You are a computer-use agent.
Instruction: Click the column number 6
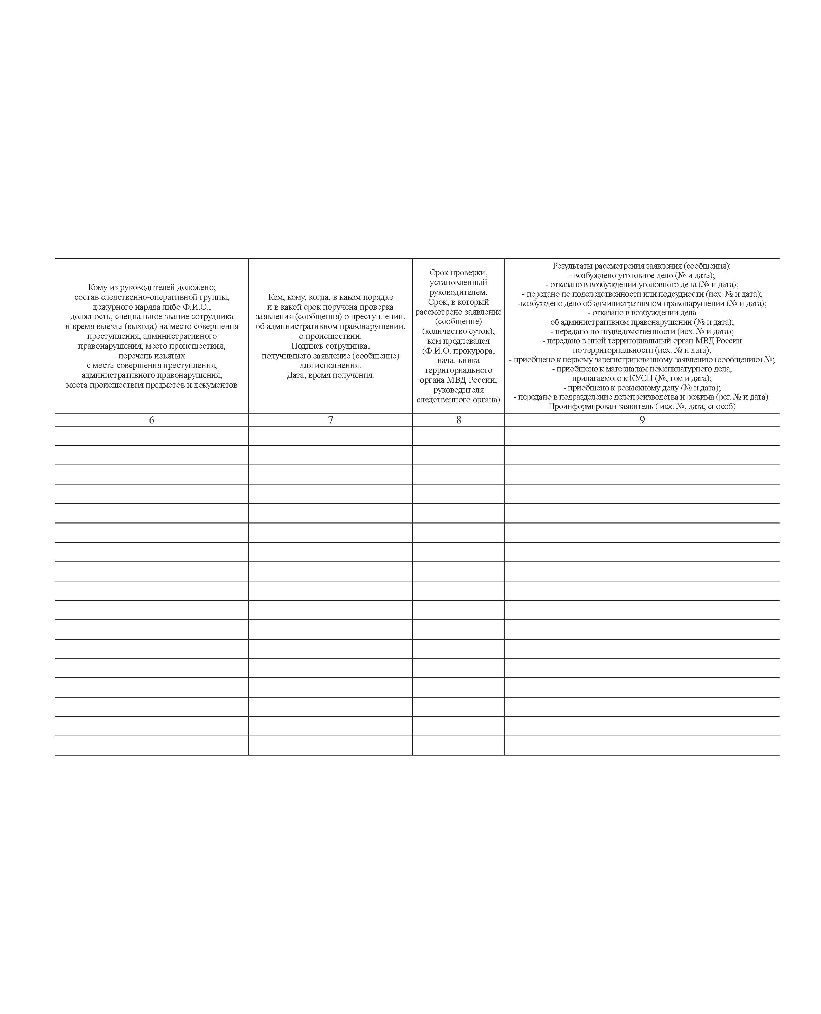tap(151, 420)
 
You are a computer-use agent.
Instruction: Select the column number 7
tap(331, 420)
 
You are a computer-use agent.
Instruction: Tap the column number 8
tap(458, 420)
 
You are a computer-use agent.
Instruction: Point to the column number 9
tap(642, 420)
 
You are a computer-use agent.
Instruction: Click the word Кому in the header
tap(98, 288)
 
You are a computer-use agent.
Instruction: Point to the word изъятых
tap(169, 356)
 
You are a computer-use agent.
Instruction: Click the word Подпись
tap(307, 346)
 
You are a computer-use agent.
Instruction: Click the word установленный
tap(458, 282)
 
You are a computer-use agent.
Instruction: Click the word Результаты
tap(572, 266)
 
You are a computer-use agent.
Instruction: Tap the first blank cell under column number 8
tap(458, 436)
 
